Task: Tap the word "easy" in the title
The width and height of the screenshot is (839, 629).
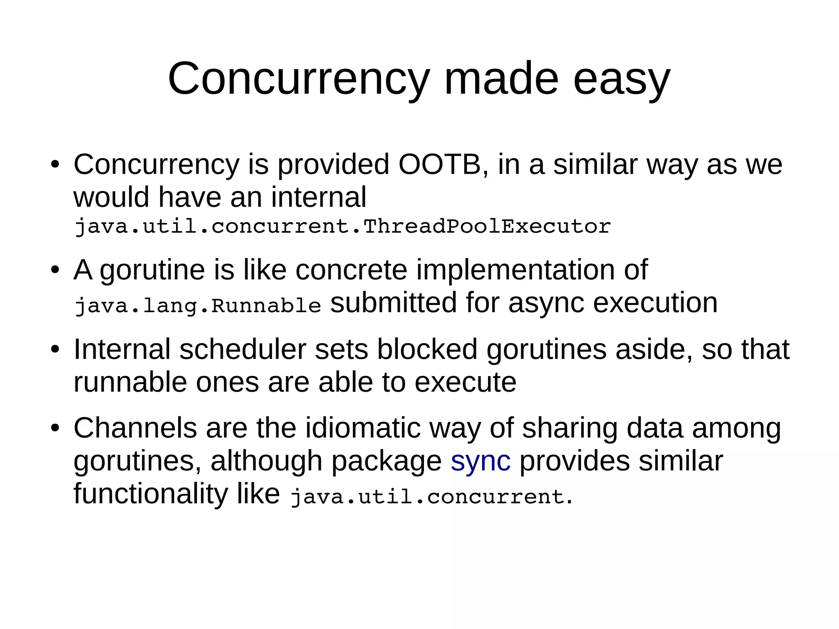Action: (621, 80)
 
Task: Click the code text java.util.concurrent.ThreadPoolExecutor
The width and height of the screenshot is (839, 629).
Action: (342, 227)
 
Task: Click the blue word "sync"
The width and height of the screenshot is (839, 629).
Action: (481, 461)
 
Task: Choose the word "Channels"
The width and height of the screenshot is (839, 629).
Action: (135, 428)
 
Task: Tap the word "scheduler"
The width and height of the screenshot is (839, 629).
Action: (243, 350)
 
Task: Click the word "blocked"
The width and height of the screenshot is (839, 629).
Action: (427, 350)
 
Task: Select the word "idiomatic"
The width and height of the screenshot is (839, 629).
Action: (363, 428)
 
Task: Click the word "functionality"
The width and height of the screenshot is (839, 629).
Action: (150, 494)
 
